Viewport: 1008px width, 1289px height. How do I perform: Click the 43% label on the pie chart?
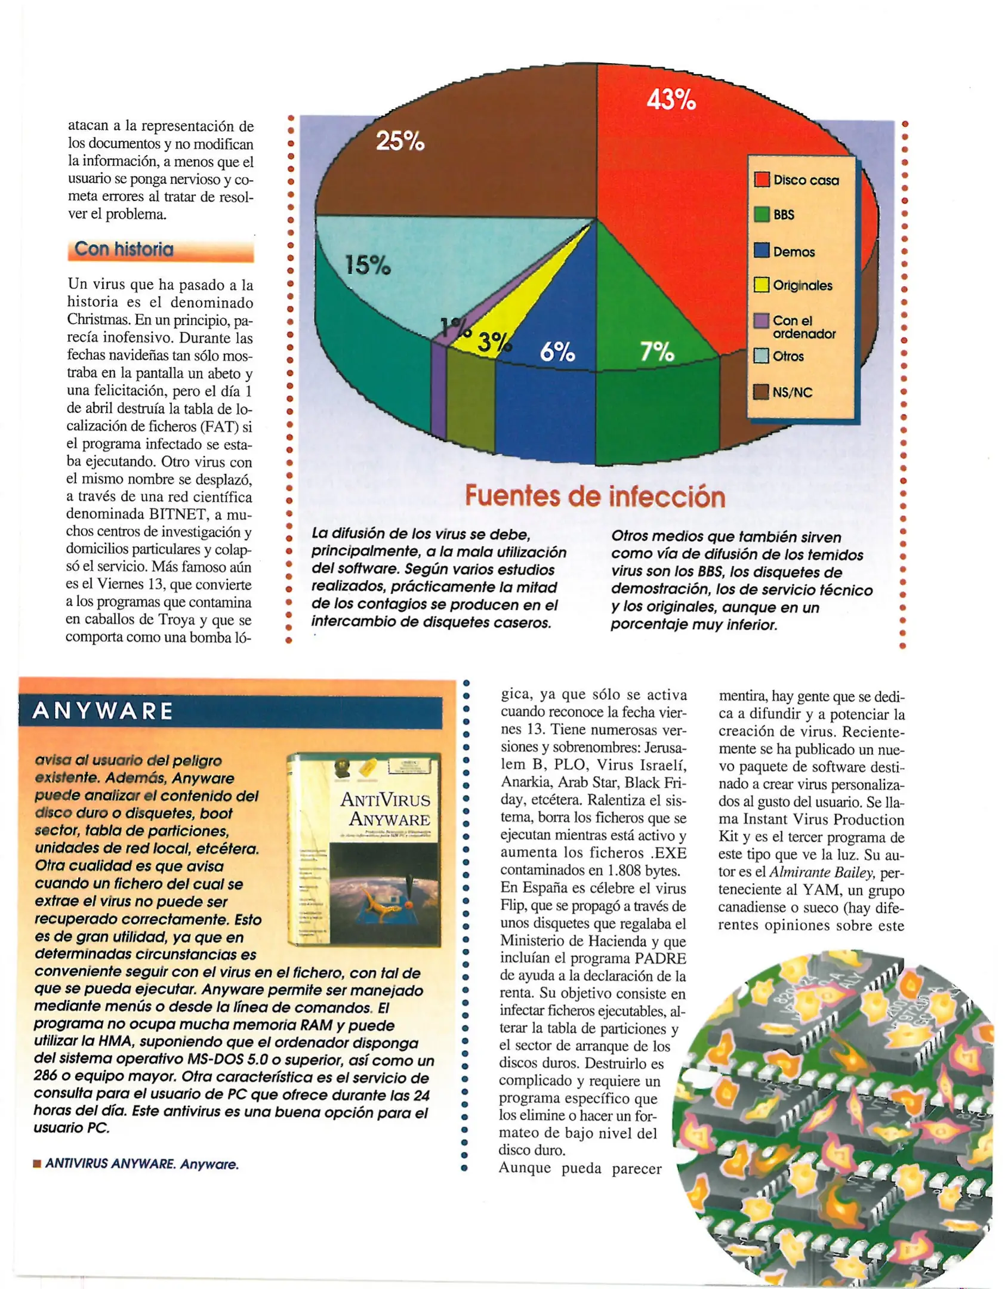pyautogui.click(x=671, y=99)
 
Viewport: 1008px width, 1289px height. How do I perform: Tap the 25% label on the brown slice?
pyautogui.click(x=400, y=141)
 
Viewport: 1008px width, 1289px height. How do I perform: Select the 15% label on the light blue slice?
pyautogui.click(x=368, y=264)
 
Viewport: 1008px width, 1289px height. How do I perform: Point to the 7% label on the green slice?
pyautogui.click(x=656, y=351)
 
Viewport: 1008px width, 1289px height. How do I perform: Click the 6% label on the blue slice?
pyautogui.click(x=557, y=352)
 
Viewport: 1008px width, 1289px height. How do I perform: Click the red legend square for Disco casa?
pyautogui.click(x=762, y=180)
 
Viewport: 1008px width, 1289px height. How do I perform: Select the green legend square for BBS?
pyautogui.click(x=762, y=214)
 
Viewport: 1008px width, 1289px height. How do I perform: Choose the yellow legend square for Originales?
pyautogui.click(x=762, y=285)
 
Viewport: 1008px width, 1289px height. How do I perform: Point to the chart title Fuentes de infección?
pyautogui.click(x=594, y=496)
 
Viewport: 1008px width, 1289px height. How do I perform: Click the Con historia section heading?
pyautogui.click(x=124, y=249)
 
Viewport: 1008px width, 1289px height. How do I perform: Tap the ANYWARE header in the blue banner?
pyautogui.click(x=103, y=711)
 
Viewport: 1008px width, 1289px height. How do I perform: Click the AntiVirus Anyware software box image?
pyautogui.click(x=363, y=850)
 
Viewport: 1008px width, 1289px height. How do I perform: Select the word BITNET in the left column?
pyautogui.click(x=176, y=514)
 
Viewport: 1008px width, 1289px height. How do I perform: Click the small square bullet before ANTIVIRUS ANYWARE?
pyautogui.click(x=37, y=1164)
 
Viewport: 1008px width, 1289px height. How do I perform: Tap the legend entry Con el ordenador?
pyautogui.click(x=803, y=327)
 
